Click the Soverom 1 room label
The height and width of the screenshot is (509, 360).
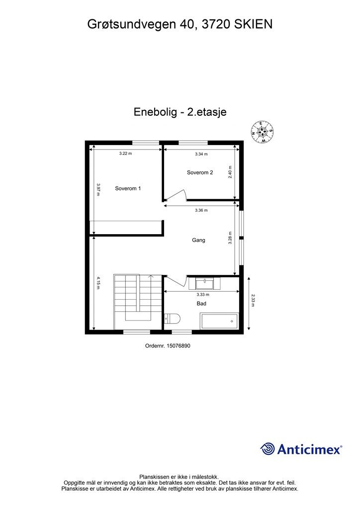128,188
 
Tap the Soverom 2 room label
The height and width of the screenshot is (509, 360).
200,172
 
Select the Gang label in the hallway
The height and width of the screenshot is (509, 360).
199,240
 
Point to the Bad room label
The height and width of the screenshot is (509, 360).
201,303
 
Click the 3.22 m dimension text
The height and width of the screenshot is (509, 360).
125,154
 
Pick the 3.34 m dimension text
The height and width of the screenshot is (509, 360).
201,154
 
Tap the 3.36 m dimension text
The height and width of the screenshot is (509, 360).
201,210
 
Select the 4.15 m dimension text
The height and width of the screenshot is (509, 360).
98,283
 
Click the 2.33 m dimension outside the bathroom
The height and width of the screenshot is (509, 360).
253,301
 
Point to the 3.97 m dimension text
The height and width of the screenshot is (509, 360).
98,190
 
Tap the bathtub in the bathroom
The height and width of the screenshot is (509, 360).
219,321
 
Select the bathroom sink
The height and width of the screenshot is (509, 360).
204,284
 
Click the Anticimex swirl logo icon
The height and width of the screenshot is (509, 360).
268,449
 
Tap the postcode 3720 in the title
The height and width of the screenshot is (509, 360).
215,23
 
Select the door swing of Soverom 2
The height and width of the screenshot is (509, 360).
178,196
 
